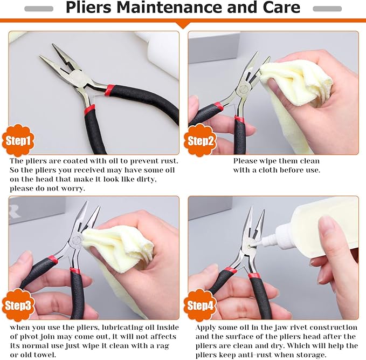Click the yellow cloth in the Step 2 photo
[x=296, y=86]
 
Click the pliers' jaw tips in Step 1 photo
[x=46, y=59]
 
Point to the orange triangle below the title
[x=183, y=24]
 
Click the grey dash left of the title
[x=39, y=9]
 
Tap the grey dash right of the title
[x=327, y=9]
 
